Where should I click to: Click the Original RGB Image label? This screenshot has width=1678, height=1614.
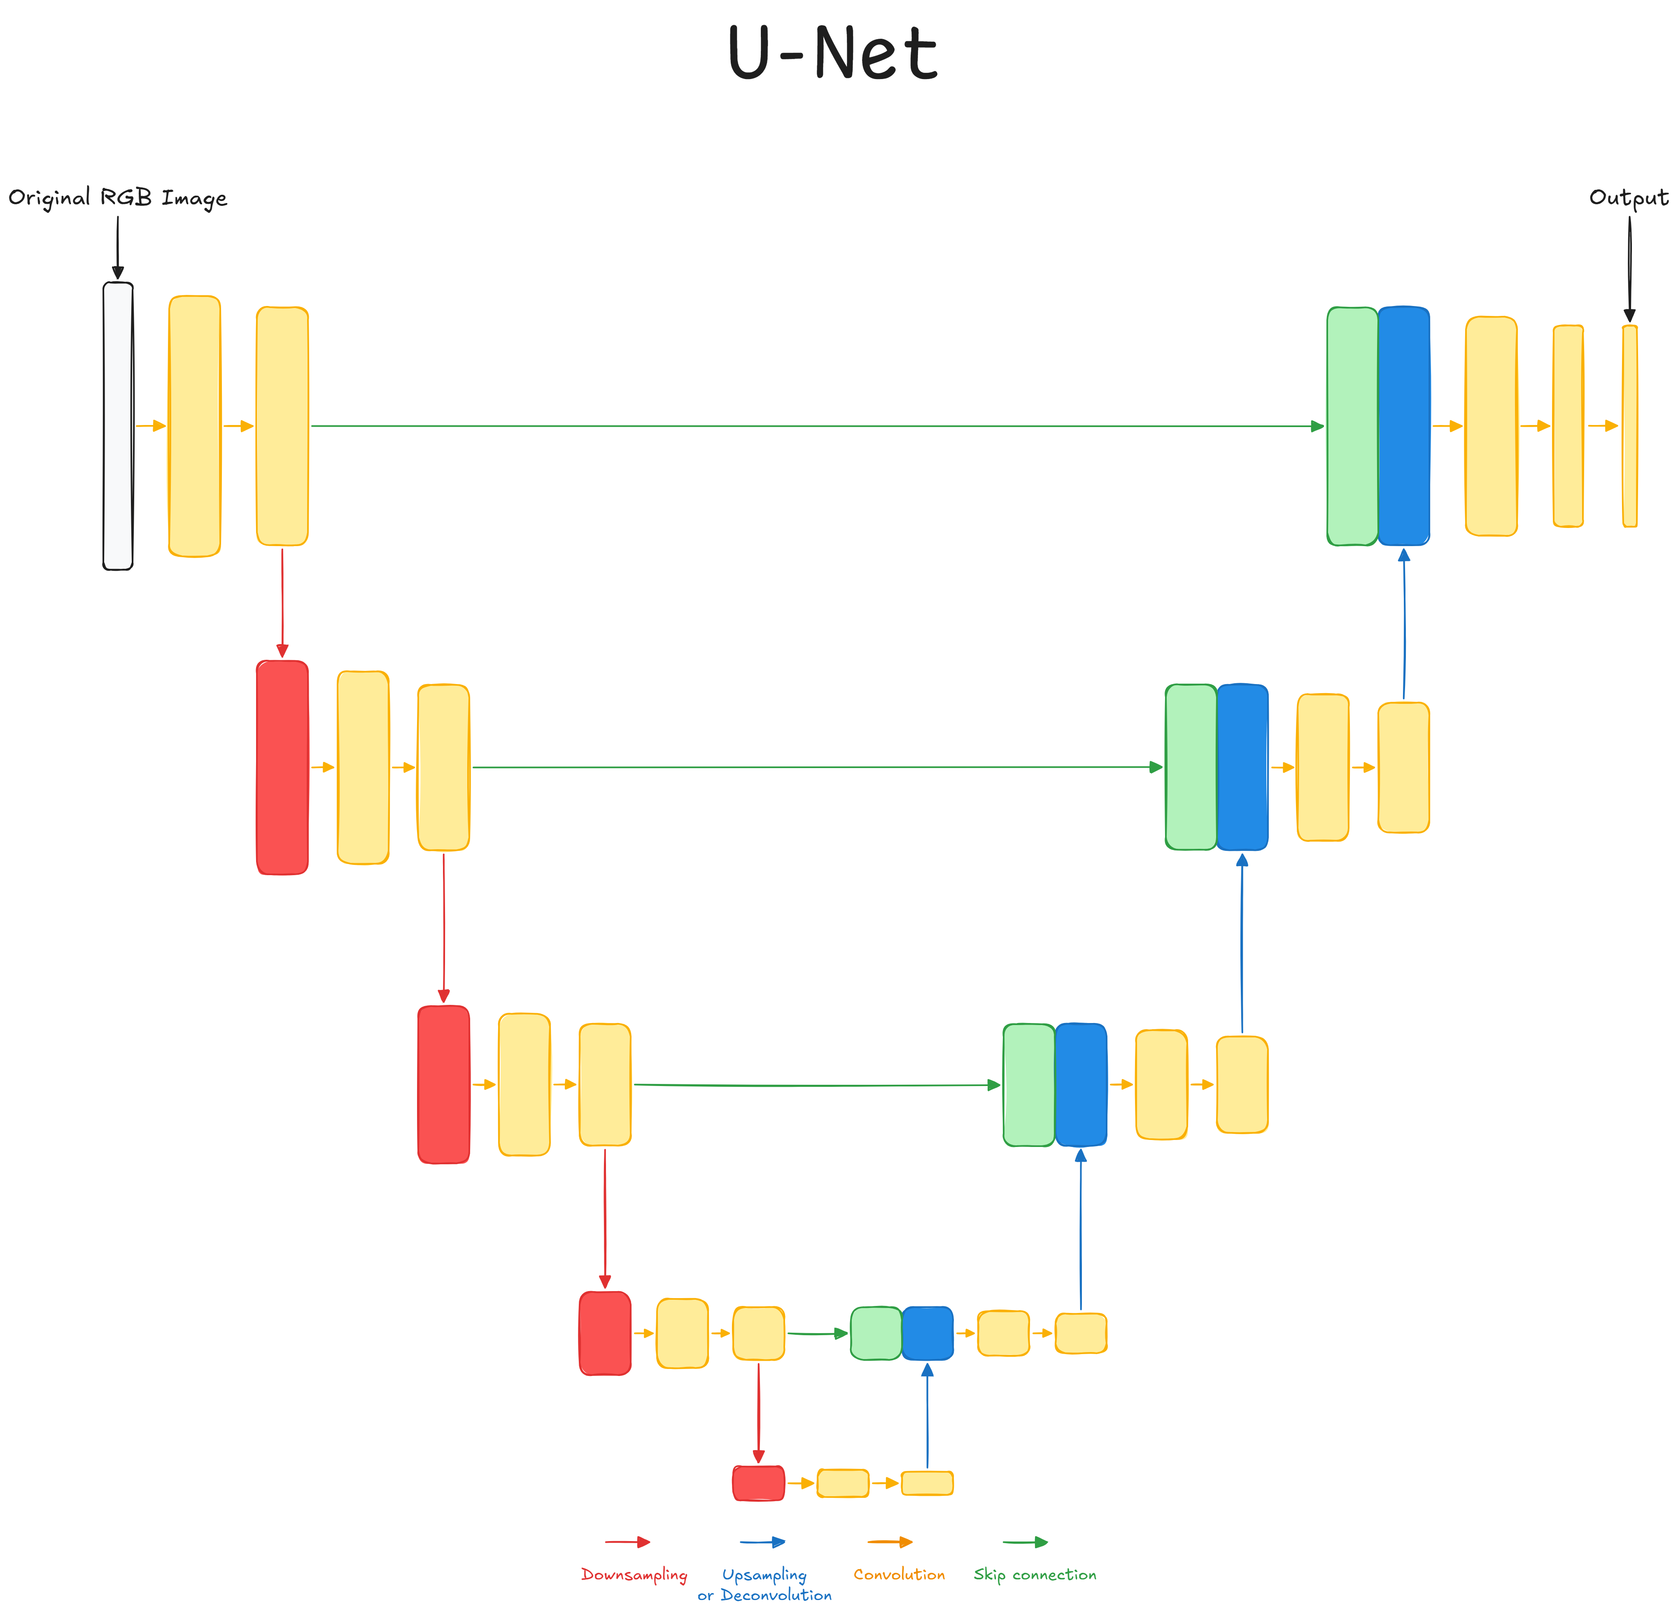pos(117,198)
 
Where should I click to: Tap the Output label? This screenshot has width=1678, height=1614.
pos(1628,198)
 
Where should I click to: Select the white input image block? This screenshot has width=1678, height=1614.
pos(118,425)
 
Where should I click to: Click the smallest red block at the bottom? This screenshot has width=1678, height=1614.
pos(759,1483)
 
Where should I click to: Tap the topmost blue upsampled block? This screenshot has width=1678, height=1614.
pos(1403,425)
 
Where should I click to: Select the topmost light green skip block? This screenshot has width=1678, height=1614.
pos(1352,425)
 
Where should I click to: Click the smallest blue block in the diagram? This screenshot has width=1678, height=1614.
pos(927,1333)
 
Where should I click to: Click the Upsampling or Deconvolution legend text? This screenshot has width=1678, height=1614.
pos(764,1585)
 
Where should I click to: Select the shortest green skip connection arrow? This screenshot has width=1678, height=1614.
pos(817,1333)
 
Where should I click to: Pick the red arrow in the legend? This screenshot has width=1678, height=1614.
pos(627,1542)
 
